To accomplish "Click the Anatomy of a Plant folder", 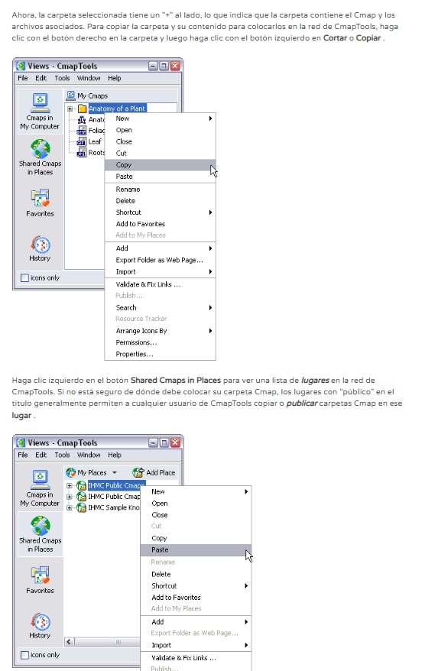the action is pyautogui.click(x=116, y=109).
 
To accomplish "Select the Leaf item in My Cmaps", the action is pyautogui.click(x=95, y=141).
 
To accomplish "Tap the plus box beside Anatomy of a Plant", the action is pyautogui.click(x=70, y=109).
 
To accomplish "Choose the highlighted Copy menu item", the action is pyautogui.click(x=160, y=165).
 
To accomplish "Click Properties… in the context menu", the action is pyautogui.click(x=135, y=354).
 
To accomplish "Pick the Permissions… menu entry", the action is pyautogui.click(x=136, y=342).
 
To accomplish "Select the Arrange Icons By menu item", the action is pyautogui.click(x=141, y=331).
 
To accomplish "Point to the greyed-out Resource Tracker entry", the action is pyautogui.click(x=141, y=319).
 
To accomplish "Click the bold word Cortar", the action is pyautogui.click(x=335, y=37).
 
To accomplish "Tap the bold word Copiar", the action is pyautogui.click(x=368, y=37).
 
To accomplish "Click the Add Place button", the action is pyautogui.click(x=154, y=472).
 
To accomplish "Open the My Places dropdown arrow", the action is pyautogui.click(x=114, y=473).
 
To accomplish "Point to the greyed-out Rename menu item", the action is pyautogui.click(x=163, y=562).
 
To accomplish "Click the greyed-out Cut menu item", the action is pyautogui.click(x=156, y=526).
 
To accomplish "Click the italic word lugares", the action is pyautogui.click(x=315, y=380).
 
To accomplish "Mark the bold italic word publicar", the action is pyautogui.click(x=302, y=404).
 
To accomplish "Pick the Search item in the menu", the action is pyautogui.click(x=126, y=308).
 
